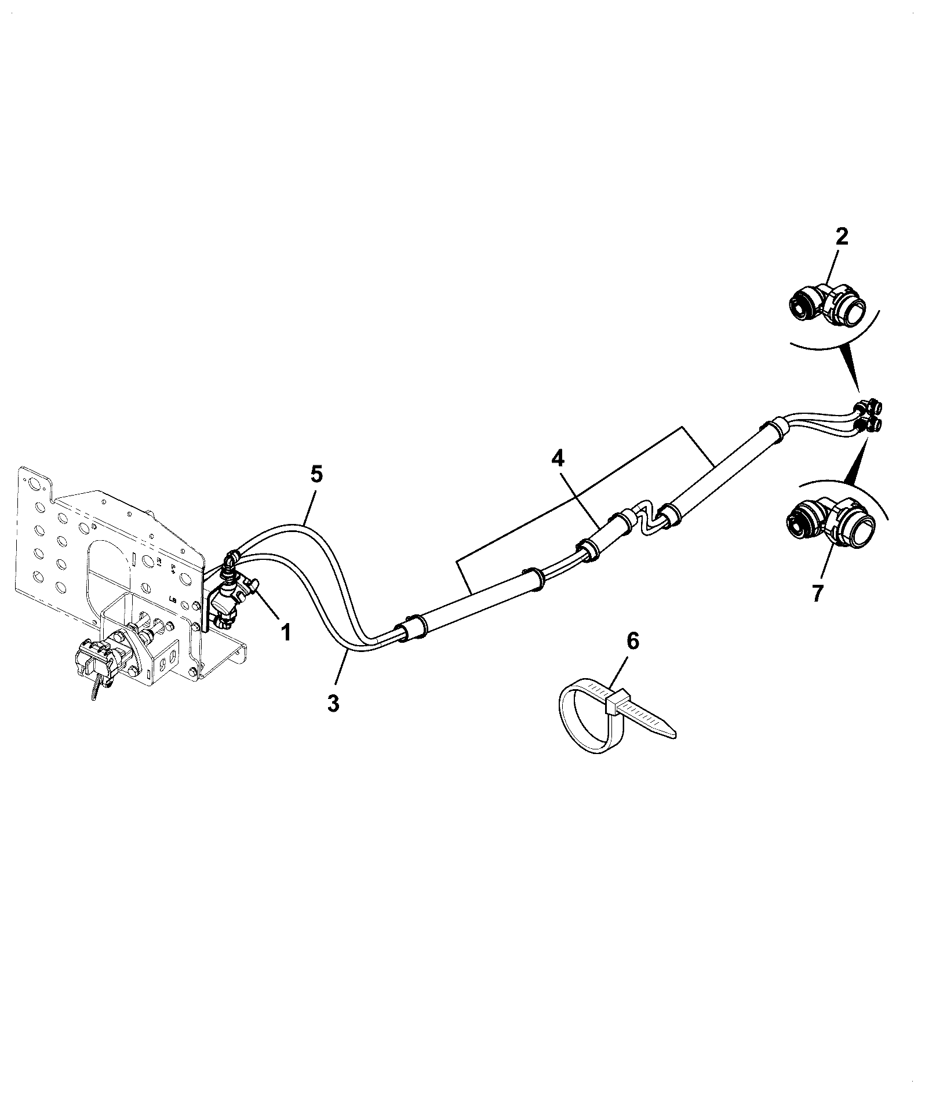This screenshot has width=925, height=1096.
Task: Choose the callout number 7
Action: tap(817, 594)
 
